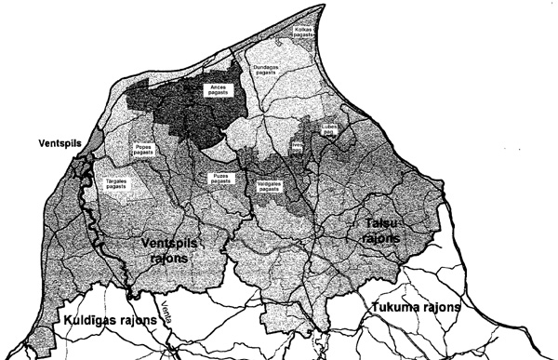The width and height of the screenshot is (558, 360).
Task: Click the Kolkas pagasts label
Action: pos(307,33)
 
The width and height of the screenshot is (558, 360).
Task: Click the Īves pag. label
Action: pos(297,148)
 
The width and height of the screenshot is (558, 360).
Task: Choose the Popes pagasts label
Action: pos(140,152)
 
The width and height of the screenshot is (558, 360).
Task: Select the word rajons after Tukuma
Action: pos(443,307)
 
